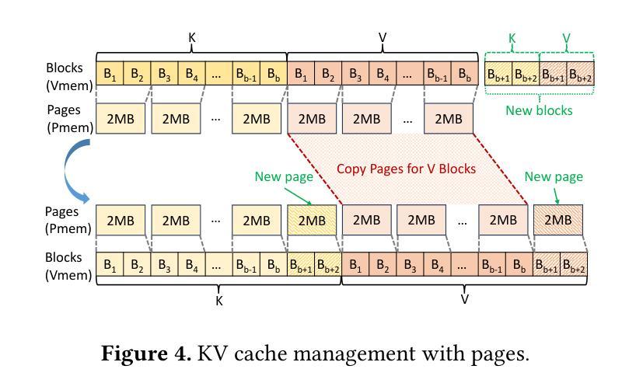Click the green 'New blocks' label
(x=539, y=110)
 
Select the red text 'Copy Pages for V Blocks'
(x=406, y=169)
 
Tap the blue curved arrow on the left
(x=75, y=173)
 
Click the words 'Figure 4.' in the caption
(x=146, y=354)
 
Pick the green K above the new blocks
(x=512, y=37)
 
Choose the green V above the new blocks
(x=566, y=37)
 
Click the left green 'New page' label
(x=283, y=177)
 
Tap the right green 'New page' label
(x=554, y=177)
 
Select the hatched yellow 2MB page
(x=312, y=221)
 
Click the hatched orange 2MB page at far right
(x=557, y=221)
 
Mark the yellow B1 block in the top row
(x=110, y=75)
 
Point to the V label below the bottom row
(x=465, y=298)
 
